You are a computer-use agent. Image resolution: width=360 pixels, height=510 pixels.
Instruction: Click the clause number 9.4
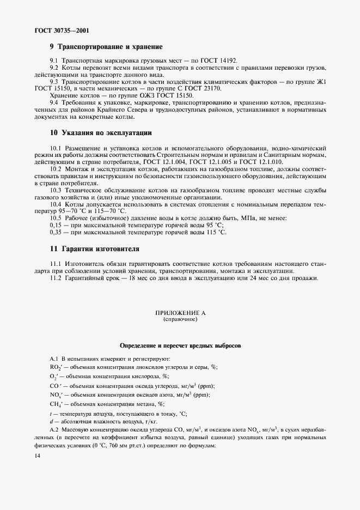pos(54,102)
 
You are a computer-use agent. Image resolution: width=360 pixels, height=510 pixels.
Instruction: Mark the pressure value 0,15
pos(56,225)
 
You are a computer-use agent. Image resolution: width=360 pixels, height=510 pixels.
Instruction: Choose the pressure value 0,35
pos(56,232)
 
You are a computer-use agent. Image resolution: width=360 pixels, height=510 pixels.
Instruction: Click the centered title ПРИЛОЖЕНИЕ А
pos(180,313)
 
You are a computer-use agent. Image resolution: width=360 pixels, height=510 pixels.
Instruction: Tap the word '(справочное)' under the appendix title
pos(180,320)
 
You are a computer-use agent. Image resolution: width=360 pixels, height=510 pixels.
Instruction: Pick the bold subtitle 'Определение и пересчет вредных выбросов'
pos(180,346)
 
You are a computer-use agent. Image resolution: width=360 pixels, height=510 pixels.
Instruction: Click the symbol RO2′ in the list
pos(56,367)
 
